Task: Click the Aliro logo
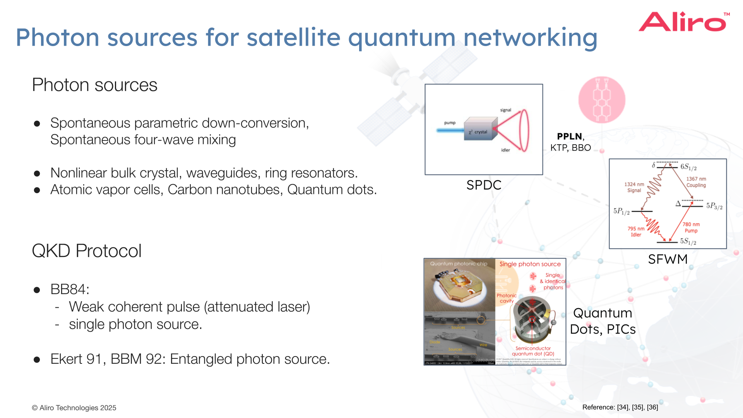683,22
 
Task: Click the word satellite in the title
293,38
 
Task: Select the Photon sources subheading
94,85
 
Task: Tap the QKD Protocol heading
87,251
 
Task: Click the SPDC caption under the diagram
484,185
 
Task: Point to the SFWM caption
668,259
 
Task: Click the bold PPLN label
569,136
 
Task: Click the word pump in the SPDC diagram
450,123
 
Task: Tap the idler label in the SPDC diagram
505,150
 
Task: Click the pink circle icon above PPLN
601,100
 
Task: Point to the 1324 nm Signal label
634,187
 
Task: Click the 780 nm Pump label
691,228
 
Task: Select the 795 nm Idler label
636,231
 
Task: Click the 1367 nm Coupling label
696,182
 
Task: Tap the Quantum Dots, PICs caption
603,321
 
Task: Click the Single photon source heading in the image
530,264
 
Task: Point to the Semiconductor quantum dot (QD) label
533,351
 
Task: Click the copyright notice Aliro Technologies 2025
74,408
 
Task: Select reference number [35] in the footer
638,407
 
